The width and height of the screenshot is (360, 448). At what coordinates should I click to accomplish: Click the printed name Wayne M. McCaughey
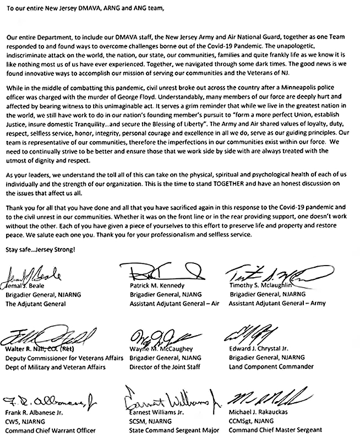click(159, 349)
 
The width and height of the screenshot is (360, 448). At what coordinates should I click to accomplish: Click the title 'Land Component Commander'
click(271, 366)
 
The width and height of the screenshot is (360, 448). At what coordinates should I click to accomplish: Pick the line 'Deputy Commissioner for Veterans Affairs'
click(63, 358)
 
